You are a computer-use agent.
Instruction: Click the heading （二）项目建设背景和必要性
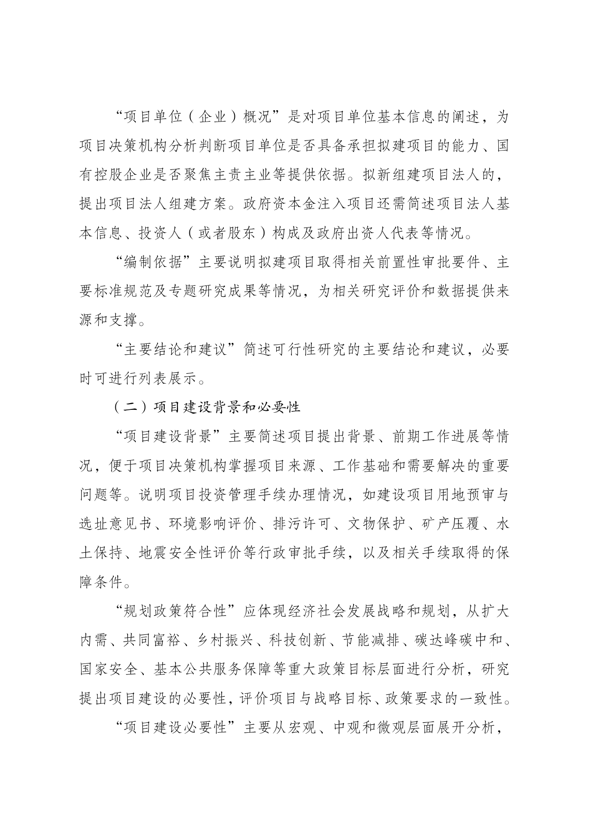tap(207, 407)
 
